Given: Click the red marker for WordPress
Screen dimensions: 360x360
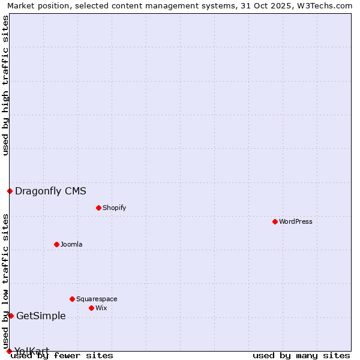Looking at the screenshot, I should click(275, 221).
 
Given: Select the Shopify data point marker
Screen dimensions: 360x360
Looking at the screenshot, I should click(98, 208).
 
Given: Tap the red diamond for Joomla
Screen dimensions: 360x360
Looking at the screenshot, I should click(56, 244).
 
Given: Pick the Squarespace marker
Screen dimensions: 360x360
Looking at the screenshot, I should click(72, 299).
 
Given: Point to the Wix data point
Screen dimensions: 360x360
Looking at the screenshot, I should click(91, 308).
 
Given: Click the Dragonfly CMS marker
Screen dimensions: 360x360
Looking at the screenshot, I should click(10, 191).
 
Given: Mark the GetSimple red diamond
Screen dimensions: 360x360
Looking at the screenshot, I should click(11, 316).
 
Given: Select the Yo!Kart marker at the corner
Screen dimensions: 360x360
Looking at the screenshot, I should click(9, 351).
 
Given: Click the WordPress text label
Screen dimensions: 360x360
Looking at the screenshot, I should click(296, 221).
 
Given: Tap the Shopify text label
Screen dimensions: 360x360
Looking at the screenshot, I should click(114, 208).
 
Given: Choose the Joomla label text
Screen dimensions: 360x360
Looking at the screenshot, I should click(71, 244).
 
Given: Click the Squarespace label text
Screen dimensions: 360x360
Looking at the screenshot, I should click(97, 299).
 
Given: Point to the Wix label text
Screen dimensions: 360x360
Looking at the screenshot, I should click(101, 308).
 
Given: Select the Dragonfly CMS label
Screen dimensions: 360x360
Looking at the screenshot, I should click(50, 191).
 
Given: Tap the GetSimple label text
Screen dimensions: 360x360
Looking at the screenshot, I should click(41, 316).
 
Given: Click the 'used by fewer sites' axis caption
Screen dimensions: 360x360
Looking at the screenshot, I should click(62, 355).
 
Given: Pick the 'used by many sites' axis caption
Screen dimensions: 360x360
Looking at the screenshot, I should click(301, 355).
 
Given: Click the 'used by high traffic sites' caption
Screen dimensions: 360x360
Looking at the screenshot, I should click(5, 85).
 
